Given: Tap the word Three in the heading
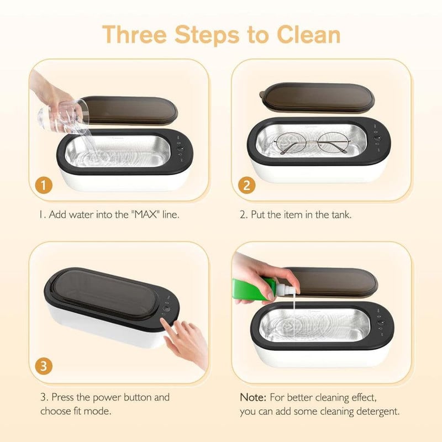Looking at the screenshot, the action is coord(134,34).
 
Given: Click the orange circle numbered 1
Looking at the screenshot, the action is coord(44,185).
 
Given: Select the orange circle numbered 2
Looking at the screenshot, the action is coord(246,185).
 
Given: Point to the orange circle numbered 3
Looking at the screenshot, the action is coord(44,366).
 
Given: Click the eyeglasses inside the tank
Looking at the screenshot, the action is coord(312,143).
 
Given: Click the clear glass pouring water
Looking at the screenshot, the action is coord(62,115).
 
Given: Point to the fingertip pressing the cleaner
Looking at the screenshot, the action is coord(163,322).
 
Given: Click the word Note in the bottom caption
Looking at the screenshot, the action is coord(253,397).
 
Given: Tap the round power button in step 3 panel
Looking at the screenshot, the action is coord(166,308).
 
